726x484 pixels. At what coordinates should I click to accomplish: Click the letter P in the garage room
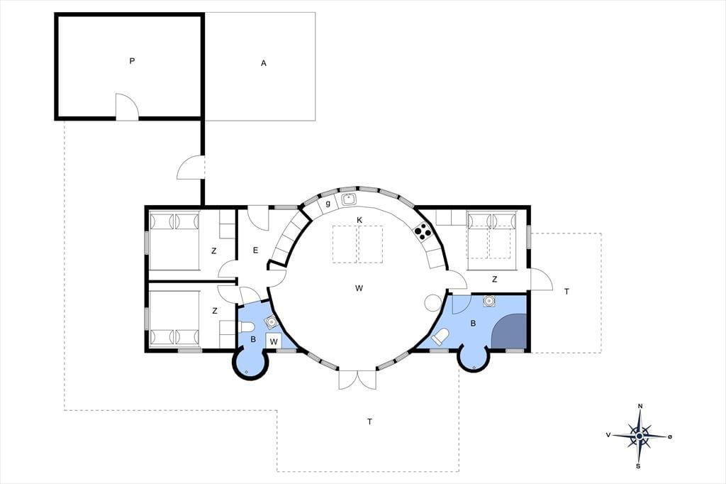pyautogui.click(x=132, y=61)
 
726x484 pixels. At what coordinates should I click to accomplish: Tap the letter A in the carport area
pyautogui.click(x=264, y=63)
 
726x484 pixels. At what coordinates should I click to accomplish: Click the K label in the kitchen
pyautogui.click(x=359, y=220)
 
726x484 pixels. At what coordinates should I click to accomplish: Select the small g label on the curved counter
pyautogui.click(x=328, y=204)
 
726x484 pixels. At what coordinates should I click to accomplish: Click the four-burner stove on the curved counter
pyautogui.click(x=423, y=231)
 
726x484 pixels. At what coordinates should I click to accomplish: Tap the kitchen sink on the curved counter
pyautogui.click(x=348, y=200)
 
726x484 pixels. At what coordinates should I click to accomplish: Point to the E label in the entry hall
pyautogui.click(x=255, y=251)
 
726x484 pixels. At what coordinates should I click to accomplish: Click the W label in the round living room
pyautogui.click(x=359, y=288)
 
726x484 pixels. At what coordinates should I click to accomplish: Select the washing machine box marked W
pyautogui.click(x=274, y=341)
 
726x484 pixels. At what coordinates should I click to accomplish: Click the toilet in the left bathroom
pyautogui.click(x=246, y=327)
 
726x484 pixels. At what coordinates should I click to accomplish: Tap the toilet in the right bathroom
pyautogui.click(x=440, y=336)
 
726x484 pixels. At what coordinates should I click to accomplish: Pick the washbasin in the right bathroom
pyautogui.click(x=488, y=301)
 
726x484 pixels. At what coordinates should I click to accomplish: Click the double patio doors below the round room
pyautogui.click(x=357, y=380)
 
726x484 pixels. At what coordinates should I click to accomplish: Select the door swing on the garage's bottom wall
pyautogui.click(x=127, y=106)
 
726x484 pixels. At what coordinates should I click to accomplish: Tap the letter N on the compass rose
pyautogui.click(x=640, y=407)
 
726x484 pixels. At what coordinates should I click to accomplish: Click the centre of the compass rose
pyautogui.click(x=639, y=436)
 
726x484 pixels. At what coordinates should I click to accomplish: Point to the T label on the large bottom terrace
pyautogui.click(x=369, y=422)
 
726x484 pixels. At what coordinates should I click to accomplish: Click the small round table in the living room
pyautogui.click(x=433, y=303)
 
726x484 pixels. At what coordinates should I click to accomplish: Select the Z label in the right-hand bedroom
pyautogui.click(x=494, y=280)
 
